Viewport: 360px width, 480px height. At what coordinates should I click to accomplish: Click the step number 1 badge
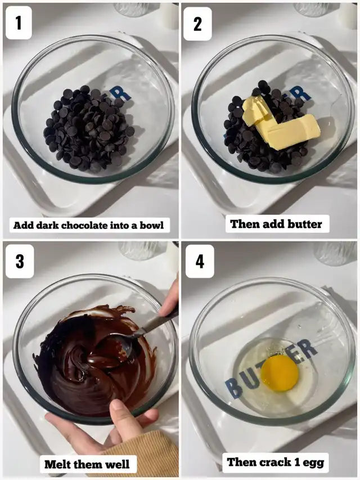pos(19,23)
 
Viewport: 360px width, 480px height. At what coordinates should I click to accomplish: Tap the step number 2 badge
pos(198,24)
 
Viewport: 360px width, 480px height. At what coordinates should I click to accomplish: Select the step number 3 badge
pos(20,261)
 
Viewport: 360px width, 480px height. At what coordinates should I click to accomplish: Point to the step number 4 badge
pos(200,261)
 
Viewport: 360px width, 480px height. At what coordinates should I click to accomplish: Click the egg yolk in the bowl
pos(280,374)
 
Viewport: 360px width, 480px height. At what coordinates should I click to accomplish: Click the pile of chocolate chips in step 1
pos(89,128)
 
